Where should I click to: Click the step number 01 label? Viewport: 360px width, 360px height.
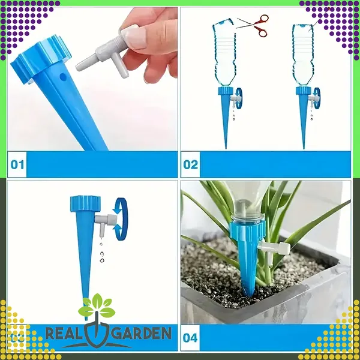(17, 164)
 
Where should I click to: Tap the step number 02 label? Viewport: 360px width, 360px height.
(191, 164)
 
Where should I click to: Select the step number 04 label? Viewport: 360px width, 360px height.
(190, 338)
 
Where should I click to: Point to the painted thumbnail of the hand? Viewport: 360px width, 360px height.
(134, 36)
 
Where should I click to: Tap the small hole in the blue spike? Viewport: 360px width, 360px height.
(62, 77)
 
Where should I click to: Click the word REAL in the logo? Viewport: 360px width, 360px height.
(64, 333)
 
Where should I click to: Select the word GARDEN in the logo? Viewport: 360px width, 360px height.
(143, 333)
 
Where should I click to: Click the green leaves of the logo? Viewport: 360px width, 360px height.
(97, 306)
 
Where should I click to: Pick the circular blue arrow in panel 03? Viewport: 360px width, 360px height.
(121, 219)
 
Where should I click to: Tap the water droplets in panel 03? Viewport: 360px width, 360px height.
(101, 252)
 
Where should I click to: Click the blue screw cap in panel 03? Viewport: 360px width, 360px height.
(85, 203)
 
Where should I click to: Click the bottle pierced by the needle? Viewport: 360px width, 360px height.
(303, 55)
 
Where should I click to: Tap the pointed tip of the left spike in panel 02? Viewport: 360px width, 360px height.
(226, 149)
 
